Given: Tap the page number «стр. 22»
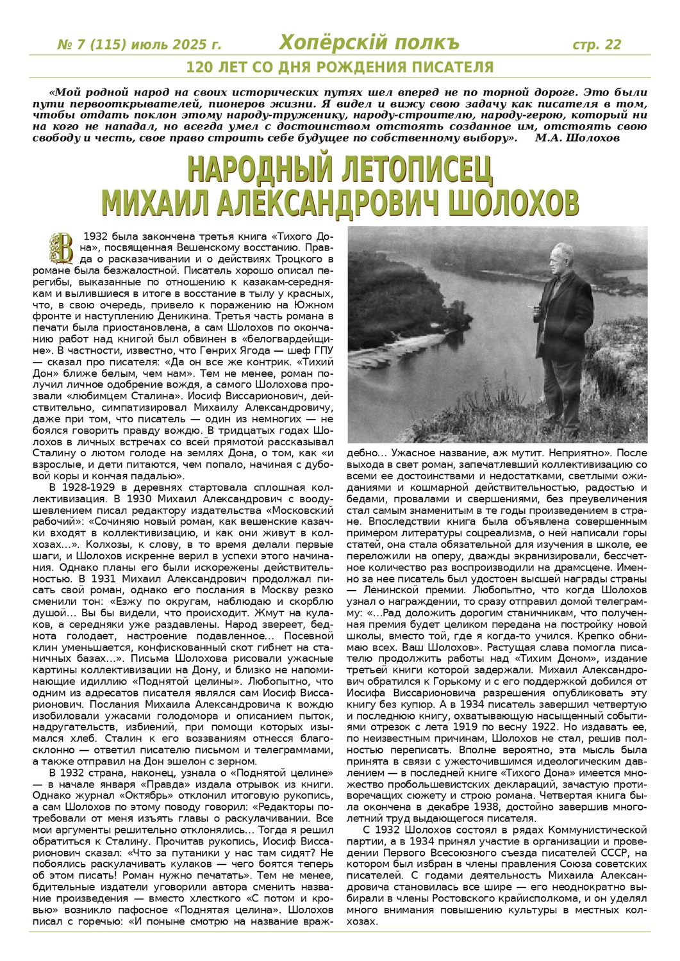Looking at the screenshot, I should (x=596, y=44).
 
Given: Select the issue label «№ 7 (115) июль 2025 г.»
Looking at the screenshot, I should (x=139, y=45).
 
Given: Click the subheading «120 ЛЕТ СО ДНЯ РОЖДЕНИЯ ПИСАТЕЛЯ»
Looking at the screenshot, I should (x=340, y=67).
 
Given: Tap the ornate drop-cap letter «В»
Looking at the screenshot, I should (x=62, y=247).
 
